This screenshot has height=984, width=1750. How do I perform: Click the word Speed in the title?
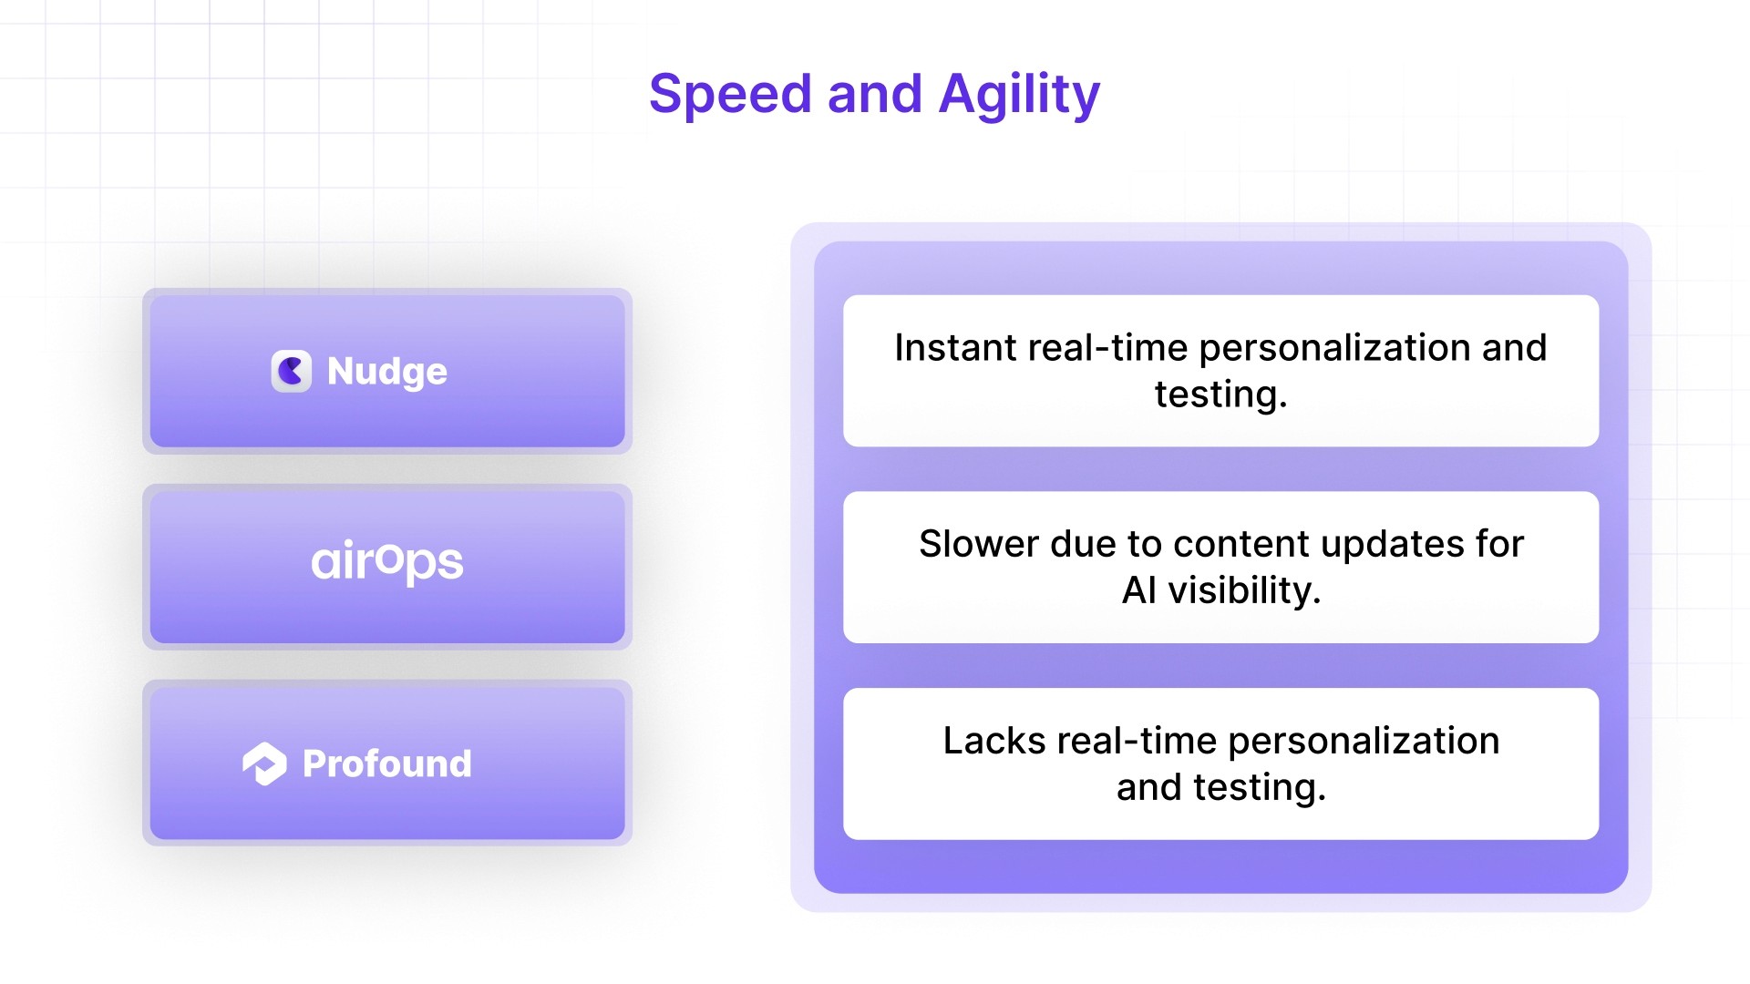[x=729, y=95]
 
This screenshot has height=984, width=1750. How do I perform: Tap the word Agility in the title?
[x=1019, y=95]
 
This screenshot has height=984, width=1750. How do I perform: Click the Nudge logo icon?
[x=291, y=371]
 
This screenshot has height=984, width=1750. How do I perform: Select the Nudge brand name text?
[x=386, y=372]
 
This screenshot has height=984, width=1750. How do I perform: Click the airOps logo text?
[x=386, y=561]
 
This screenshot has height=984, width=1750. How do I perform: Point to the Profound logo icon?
[x=264, y=764]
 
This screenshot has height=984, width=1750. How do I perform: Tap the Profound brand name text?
[x=386, y=764]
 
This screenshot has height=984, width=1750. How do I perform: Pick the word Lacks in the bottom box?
[x=993, y=741]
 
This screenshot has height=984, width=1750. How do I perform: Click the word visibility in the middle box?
[x=1244, y=590]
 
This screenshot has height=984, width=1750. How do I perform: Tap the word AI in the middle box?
[x=1139, y=590]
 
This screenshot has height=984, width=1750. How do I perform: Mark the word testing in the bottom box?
[x=1259, y=787]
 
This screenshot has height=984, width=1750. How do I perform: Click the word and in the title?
[x=874, y=95]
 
